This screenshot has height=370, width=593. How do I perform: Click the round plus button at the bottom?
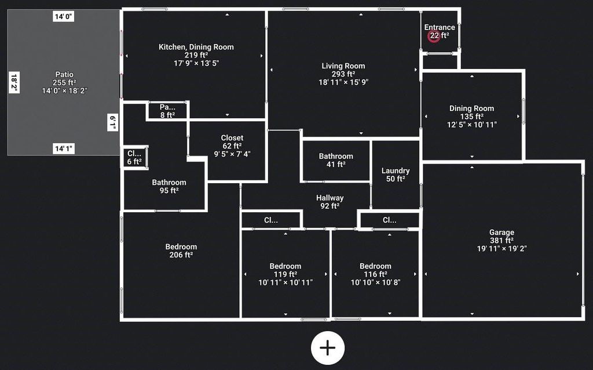[328, 348]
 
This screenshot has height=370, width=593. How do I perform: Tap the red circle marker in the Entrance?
[434, 36]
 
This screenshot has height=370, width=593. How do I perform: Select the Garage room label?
[502, 233]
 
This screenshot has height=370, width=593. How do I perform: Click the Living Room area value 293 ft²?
[343, 74]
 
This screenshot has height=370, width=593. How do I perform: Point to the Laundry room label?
[396, 171]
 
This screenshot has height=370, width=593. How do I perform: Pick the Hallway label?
[330, 198]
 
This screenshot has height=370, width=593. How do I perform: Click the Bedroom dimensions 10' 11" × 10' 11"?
[285, 282]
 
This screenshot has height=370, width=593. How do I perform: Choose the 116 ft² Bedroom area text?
[375, 274]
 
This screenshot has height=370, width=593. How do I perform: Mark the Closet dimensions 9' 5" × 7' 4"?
[232, 154]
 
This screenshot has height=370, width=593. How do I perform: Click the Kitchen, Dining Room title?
[196, 47]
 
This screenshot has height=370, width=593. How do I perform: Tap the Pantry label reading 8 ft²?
[167, 115]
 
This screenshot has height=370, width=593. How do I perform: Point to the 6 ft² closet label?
[134, 162]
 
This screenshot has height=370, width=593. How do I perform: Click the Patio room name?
[64, 74]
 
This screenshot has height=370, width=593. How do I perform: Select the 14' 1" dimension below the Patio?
[64, 149]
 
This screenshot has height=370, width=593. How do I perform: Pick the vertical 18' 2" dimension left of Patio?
[14, 81]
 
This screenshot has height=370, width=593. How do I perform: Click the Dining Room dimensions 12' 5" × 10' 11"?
[472, 125]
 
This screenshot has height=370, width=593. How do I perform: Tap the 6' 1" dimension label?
[114, 123]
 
